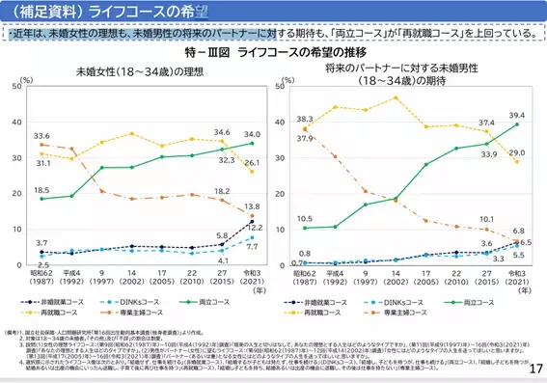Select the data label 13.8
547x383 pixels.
(x=252, y=206)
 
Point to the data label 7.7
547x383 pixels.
(x=252, y=247)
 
